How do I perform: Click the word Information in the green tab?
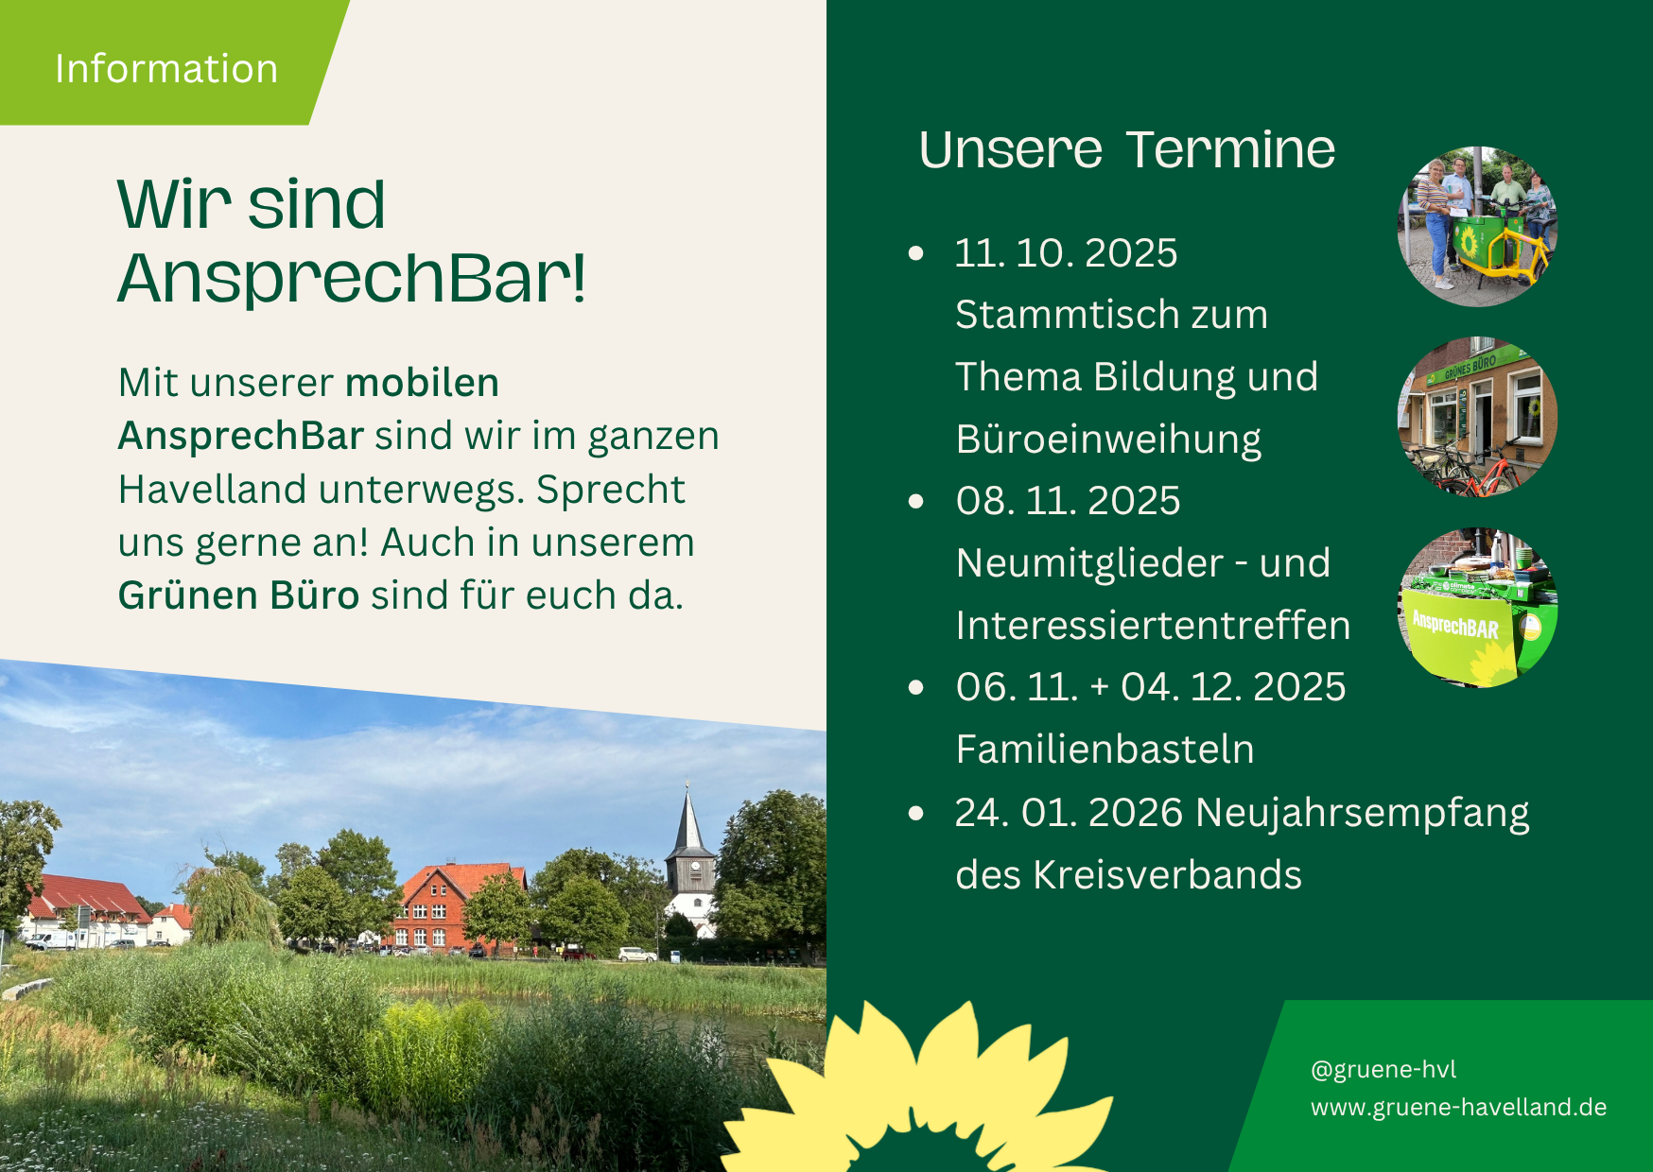166,69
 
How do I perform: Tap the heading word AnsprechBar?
352,279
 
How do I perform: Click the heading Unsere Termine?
1126,149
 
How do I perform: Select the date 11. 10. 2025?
1066,253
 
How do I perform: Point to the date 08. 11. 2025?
1068,501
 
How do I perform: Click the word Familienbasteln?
1105,750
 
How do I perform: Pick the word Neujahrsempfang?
1362,814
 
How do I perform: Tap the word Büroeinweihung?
1108,440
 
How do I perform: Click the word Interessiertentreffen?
1153,626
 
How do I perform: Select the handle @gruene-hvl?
1383,1069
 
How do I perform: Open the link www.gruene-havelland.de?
1458,1107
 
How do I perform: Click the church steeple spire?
688,819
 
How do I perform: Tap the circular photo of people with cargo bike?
1477,227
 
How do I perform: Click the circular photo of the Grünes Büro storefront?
1477,417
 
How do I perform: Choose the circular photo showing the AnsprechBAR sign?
1477,608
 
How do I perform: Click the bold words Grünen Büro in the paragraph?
238,595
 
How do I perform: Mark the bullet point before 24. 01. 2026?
915,813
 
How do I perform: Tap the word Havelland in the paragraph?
212,490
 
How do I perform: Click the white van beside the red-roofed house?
50,939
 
